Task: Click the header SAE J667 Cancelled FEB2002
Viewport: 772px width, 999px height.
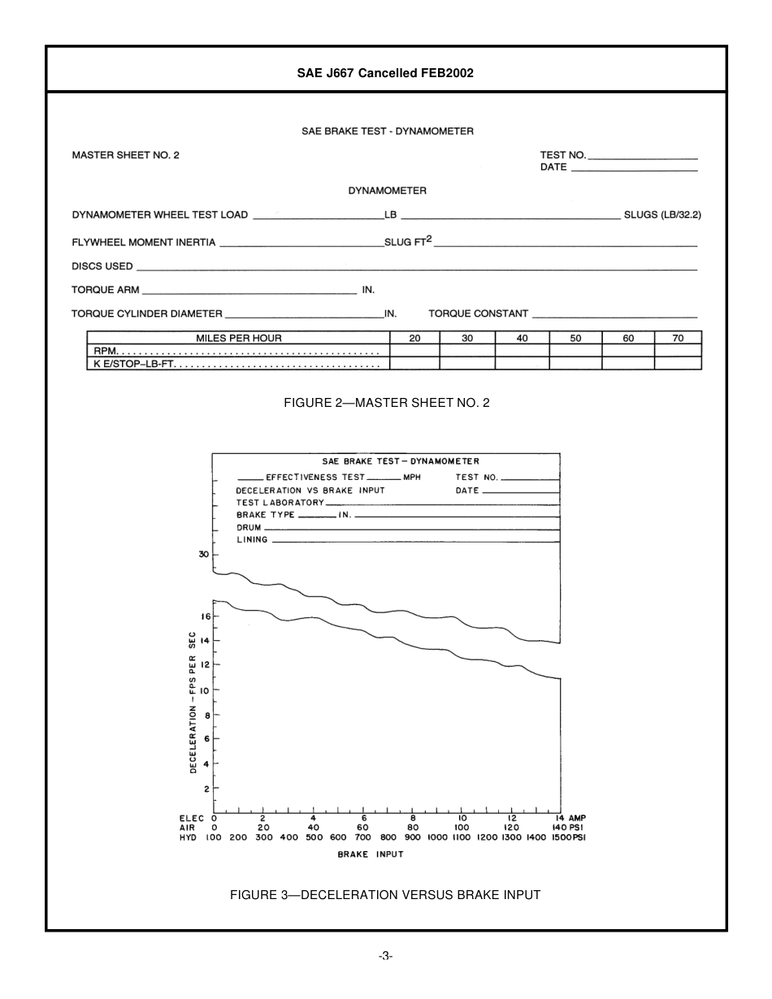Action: coord(385,73)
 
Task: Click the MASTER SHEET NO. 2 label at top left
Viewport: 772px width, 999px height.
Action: coord(125,154)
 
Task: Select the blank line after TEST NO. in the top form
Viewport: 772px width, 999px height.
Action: coord(643,155)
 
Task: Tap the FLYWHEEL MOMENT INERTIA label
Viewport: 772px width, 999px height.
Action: coord(144,242)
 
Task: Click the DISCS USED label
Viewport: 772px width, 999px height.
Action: coord(102,266)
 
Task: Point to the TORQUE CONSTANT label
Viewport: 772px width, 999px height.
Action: coord(478,314)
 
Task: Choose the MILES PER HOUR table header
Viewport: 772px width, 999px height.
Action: coord(238,338)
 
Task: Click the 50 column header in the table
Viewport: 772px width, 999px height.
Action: coord(575,338)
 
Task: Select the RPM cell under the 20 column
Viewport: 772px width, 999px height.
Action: coord(414,351)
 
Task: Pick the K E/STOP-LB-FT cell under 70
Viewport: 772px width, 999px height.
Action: coord(678,364)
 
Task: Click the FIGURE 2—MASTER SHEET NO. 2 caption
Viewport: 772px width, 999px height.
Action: coord(386,403)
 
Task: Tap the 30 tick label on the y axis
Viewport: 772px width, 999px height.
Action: coord(203,555)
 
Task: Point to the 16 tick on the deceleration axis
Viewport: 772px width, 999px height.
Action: coord(206,616)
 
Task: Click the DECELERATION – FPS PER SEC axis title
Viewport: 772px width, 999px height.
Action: coord(193,702)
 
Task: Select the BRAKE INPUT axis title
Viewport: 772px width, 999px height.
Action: coord(370,854)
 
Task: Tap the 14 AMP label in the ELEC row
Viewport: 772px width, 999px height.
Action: coord(570,818)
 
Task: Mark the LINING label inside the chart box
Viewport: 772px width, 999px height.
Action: coord(252,540)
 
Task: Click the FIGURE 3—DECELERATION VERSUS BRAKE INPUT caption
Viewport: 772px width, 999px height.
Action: coord(384,895)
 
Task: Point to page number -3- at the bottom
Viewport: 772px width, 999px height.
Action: coord(385,956)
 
